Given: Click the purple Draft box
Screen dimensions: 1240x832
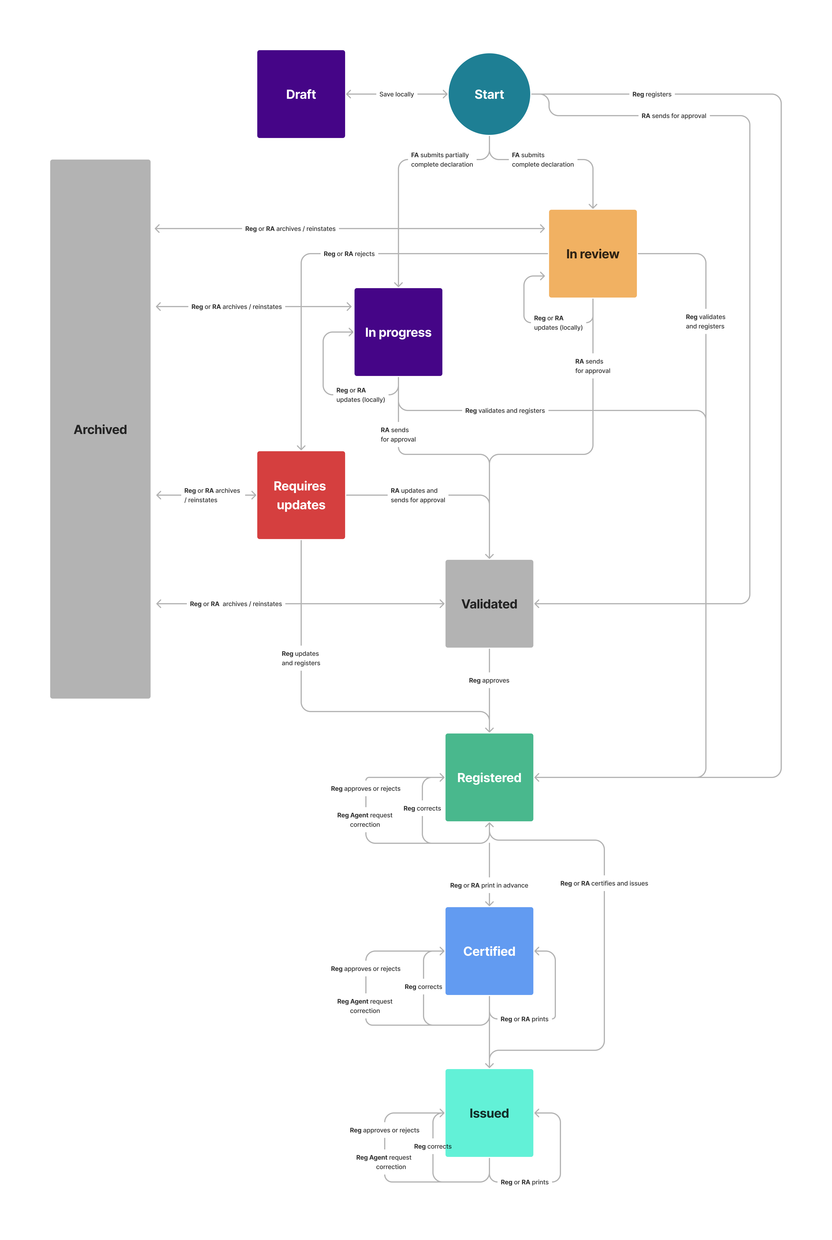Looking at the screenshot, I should [301, 94].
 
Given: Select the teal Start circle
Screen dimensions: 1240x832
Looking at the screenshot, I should [489, 94].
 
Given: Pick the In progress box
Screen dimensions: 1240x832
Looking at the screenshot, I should [398, 332].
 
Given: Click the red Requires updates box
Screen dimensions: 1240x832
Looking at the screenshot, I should [301, 495].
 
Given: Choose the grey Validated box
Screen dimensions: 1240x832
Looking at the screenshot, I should [489, 604].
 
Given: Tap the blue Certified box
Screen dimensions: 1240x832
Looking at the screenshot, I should [489, 951].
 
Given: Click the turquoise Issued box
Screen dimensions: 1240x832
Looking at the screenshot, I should [489, 1113].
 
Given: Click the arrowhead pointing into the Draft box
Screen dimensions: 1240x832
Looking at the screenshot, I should [349, 94].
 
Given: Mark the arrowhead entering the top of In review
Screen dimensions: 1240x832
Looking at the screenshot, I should [593, 206].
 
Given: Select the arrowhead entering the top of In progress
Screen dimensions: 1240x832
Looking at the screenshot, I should [398, 285].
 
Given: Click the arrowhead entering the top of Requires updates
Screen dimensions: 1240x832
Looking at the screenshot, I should [301, 448].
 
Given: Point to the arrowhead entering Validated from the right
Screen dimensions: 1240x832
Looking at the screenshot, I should [537, 604].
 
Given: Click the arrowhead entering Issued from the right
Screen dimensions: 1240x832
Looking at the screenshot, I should [537, 1113].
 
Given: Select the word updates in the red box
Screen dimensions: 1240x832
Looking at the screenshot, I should [301, 505].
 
